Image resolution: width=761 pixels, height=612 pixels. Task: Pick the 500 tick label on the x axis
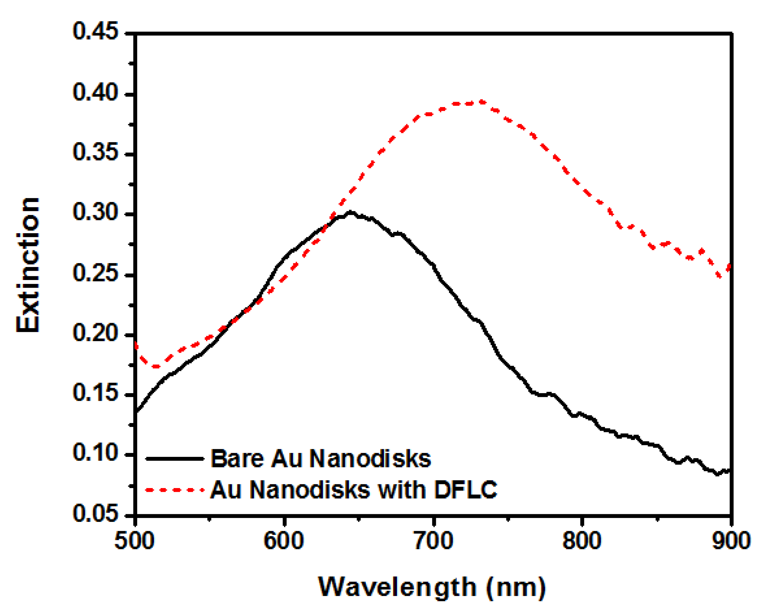134,541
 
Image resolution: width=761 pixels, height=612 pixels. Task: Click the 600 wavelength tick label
284,541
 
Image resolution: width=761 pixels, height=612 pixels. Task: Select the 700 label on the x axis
433,541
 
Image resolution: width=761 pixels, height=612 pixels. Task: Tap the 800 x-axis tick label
582,541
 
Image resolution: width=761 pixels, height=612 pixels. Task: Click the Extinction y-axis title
28,265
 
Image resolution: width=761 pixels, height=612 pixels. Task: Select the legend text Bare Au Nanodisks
321,459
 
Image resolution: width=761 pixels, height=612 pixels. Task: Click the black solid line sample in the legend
175,459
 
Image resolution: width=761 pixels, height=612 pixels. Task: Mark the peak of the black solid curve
350,212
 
